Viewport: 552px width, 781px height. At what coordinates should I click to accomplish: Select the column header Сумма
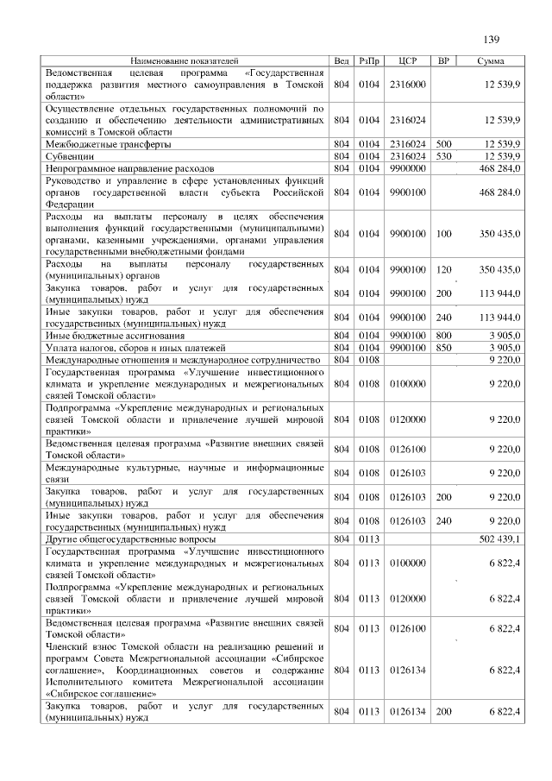click(x=491, y=61)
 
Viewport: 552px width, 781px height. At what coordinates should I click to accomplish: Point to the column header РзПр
click(x=368, y=61)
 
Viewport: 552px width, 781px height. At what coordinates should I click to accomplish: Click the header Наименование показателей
click(x=185, y=61)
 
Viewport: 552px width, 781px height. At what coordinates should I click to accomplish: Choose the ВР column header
click(x=443, y=61)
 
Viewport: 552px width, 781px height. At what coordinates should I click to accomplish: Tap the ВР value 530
click(x=443, y=156)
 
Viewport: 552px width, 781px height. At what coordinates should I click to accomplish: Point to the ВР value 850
click(x=443, y=347)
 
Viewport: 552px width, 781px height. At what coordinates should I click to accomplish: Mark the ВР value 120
click(x=443, y=269)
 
